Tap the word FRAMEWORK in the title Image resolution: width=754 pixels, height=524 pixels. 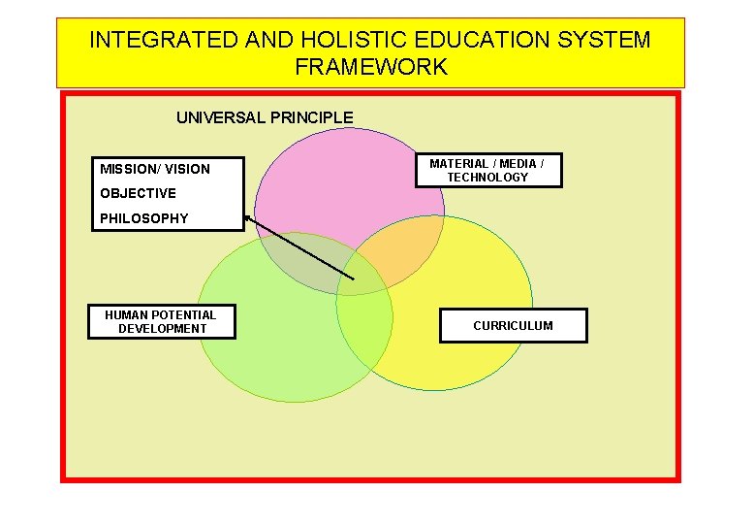pyautogui.click(x=371, y=67)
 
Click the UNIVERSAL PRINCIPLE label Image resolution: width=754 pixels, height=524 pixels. pyautogui.click(x=265, y=117)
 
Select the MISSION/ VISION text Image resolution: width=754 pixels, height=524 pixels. pyautogui.click(x=155, y=169)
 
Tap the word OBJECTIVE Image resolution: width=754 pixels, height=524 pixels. pyautogui.click(x=138, y=193)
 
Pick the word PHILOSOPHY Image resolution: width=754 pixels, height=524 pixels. pyautogui.click(x=144, y=218)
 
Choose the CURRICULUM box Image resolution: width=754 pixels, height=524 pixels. pyautogui.click(x=513, y=326)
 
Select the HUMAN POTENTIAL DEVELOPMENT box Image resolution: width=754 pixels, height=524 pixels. pyautogui.click(x=161, y=321)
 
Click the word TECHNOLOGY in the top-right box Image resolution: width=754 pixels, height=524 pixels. pyautogui.click(x=487, y=178)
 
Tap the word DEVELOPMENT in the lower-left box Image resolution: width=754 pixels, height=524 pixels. pyautogui.click(x=162, y=329)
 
